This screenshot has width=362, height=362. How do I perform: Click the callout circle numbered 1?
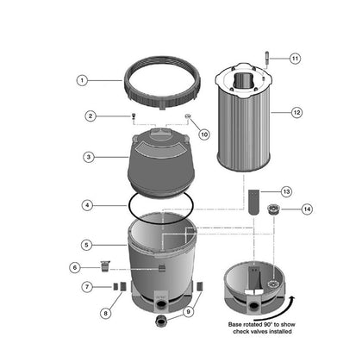click(x=82, y=80)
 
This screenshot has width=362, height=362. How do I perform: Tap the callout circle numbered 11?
click(x=295, y=59)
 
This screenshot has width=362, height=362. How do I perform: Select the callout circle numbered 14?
click(x=307, y=209)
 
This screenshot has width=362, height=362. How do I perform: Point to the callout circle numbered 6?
click(x=75, y=268)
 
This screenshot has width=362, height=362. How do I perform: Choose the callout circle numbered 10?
click(x=204, y=134)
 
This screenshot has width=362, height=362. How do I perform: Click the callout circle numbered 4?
click(x=87, y=205)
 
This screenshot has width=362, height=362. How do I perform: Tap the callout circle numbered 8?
click(x=106, y=313)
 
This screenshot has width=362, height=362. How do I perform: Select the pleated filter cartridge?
click(x=243, y=117)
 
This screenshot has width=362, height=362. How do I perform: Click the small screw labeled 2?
click(x=134, y=116)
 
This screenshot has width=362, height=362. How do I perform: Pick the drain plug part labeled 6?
click(x=105, y=266)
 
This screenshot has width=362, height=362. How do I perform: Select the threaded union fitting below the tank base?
click(x=161, y=320)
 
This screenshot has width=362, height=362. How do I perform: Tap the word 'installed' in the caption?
click(x=278, y=332)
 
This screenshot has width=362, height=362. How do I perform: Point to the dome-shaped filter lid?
click(x=161, y=162)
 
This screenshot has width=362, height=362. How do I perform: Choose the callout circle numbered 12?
click(x=296, y=112)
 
